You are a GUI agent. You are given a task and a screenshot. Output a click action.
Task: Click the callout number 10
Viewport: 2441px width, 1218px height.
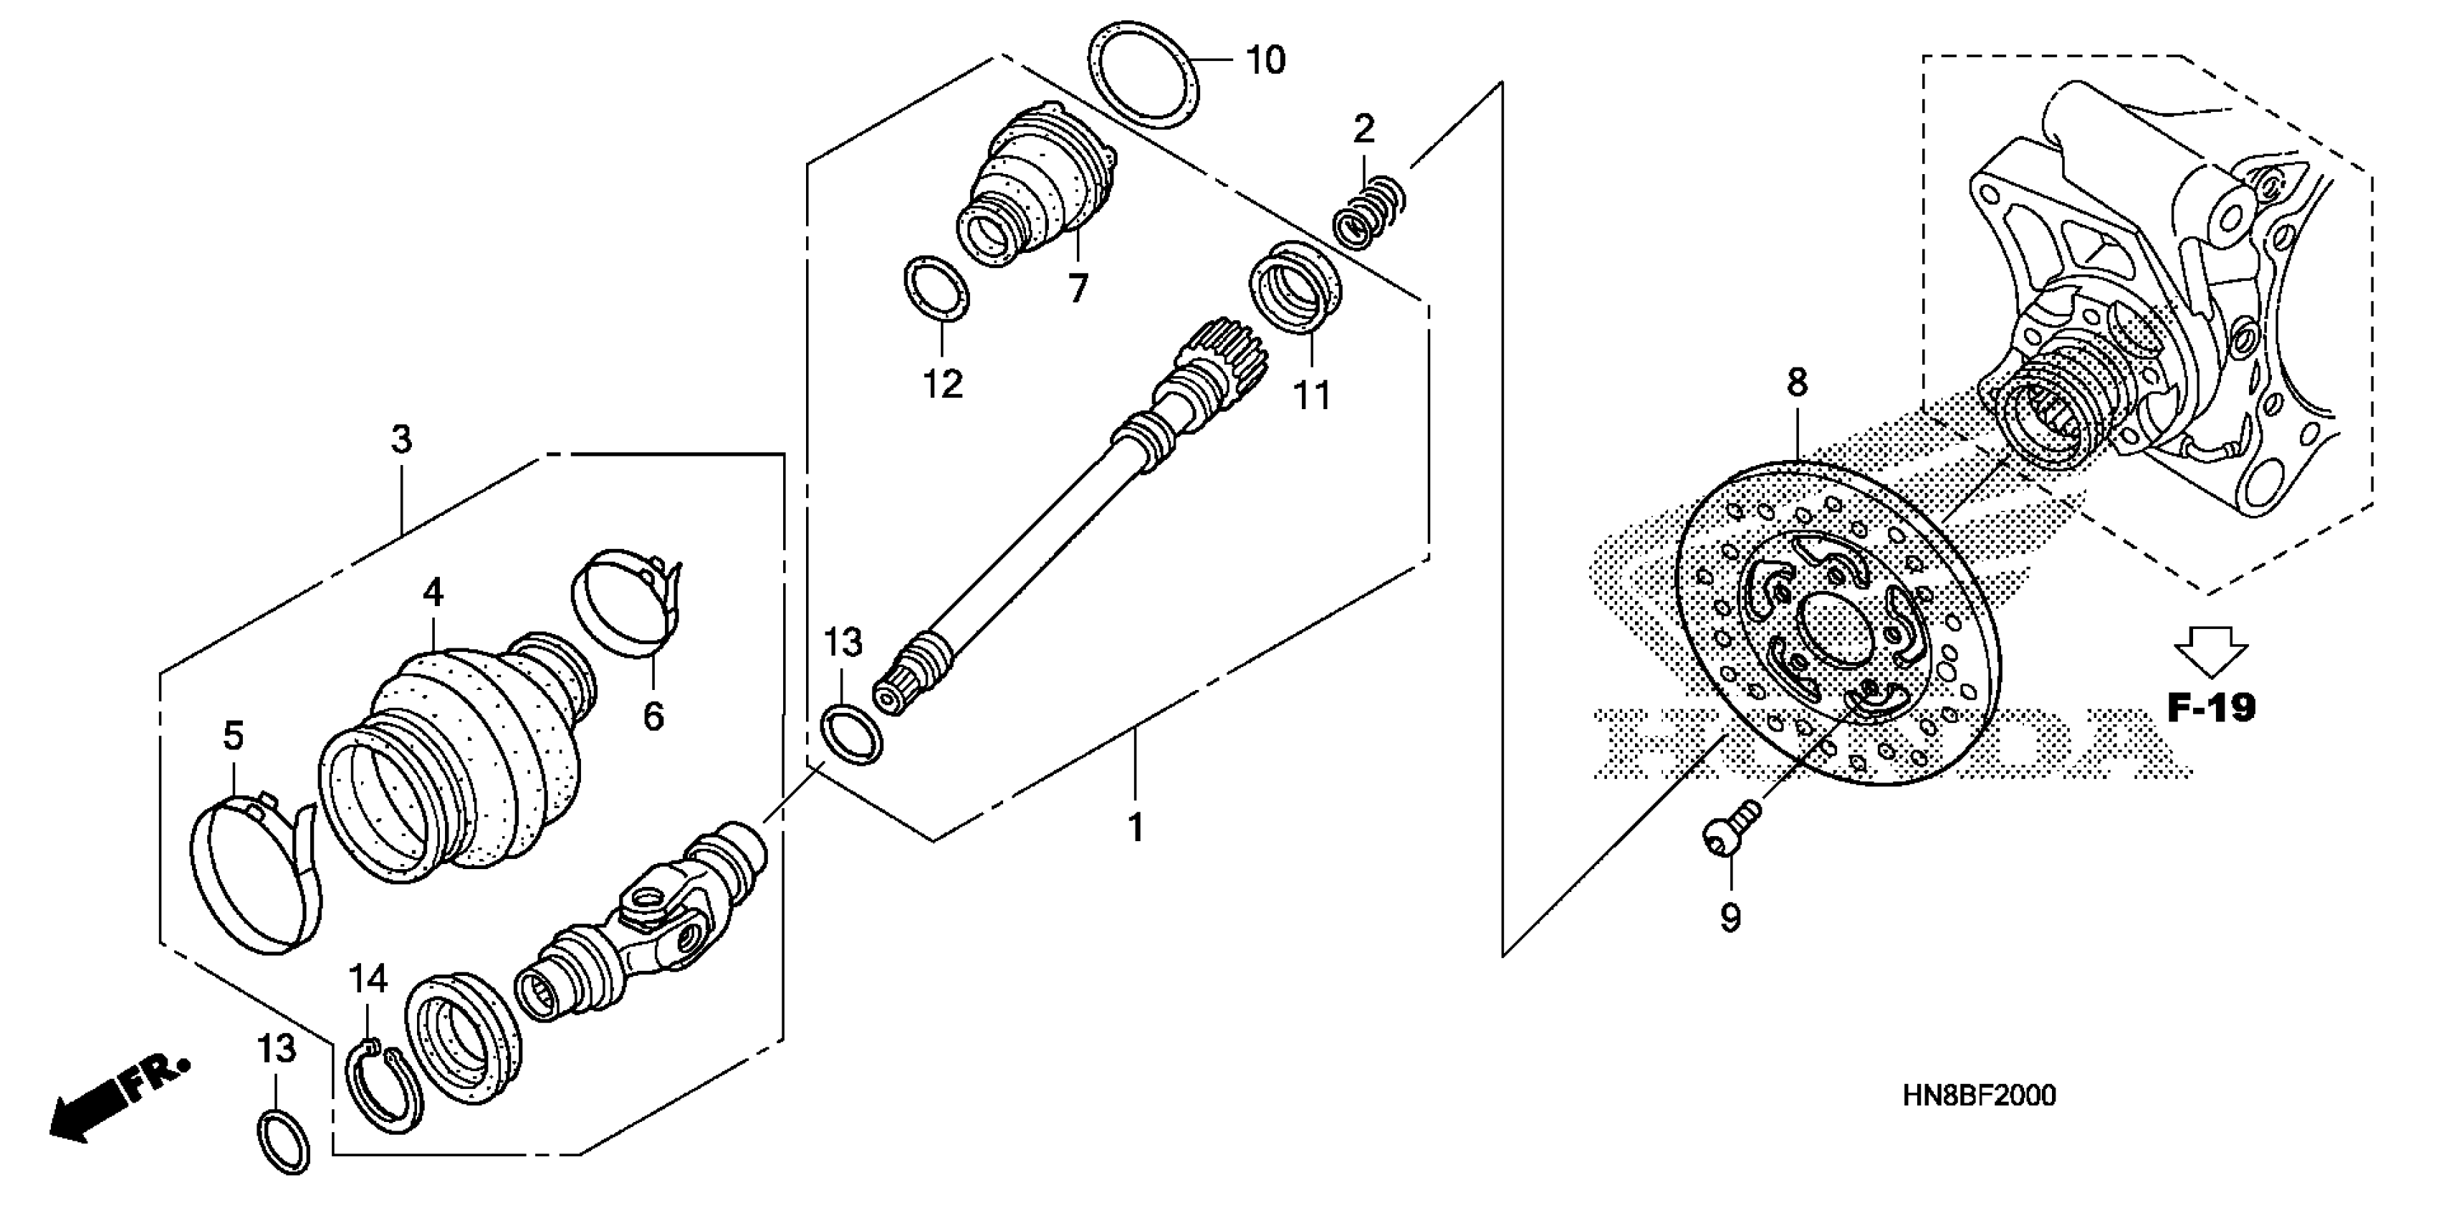(1265, 61)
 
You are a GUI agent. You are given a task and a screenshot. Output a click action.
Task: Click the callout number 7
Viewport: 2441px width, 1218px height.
(1078, 287)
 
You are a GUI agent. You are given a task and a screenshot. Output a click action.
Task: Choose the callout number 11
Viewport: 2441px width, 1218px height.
(1313, 394)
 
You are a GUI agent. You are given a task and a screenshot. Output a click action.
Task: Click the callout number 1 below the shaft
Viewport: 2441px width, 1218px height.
(1135, 828)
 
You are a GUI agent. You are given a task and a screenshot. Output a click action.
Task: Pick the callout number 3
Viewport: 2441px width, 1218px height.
(402, 440)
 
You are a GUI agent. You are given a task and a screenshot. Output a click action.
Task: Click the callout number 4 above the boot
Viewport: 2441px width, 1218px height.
(433, 593)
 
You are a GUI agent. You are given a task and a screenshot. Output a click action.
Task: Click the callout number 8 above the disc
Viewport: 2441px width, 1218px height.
(1797, 383)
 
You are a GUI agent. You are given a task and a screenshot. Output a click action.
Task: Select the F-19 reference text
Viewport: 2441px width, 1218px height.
(2212, 706)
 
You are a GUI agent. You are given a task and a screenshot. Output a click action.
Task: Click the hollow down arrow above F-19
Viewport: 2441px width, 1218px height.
(2211, 651)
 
